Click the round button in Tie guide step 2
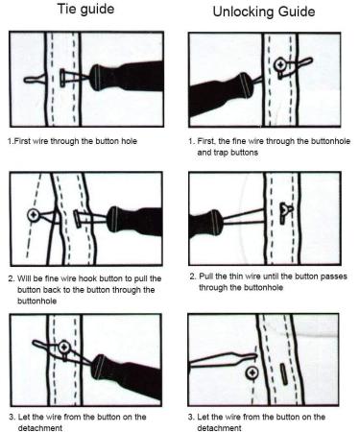tap(36, 212)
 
